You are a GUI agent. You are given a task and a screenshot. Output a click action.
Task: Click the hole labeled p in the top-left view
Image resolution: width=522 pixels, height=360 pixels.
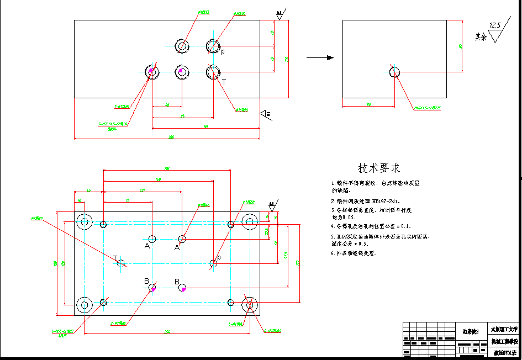(x=213, y=46)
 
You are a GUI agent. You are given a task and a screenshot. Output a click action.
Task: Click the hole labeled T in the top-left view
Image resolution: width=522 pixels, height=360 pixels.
(x=213, y=71)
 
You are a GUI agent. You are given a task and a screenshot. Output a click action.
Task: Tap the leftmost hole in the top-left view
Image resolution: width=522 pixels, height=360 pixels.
(x=152, y=71)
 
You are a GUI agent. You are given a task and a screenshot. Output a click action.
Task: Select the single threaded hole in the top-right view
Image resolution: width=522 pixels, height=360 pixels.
(x=395, y=72)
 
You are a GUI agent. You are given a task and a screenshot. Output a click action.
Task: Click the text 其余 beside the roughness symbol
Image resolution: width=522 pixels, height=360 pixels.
(x=481, y=37)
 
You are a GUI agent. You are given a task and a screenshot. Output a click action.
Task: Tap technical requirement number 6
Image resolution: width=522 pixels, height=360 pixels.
(x=354, y=253)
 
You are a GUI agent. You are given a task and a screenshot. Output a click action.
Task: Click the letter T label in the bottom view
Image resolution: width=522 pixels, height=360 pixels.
(x=115, y=258)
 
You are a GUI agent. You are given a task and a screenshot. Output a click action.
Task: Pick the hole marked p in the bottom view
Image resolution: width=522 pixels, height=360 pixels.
(x=213, y=263)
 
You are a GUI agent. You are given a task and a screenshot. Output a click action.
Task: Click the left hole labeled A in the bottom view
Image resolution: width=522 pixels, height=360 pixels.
(x=153, y=239)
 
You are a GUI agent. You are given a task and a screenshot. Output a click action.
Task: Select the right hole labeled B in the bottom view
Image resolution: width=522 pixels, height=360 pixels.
(x=183, y=288)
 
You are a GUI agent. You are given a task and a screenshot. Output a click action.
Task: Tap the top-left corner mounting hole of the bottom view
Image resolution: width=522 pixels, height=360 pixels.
(x=85, y=222)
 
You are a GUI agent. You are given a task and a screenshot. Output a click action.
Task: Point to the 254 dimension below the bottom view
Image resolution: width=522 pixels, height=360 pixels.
(x=167, y=332)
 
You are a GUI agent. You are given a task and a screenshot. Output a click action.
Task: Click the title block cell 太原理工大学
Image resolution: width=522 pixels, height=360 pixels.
(x=504, y=329)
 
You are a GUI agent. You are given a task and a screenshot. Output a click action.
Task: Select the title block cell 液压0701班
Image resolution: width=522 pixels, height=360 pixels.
(x=504, y=352)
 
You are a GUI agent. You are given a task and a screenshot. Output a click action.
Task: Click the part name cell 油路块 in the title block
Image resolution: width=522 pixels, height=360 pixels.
(x=471, y=332)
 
